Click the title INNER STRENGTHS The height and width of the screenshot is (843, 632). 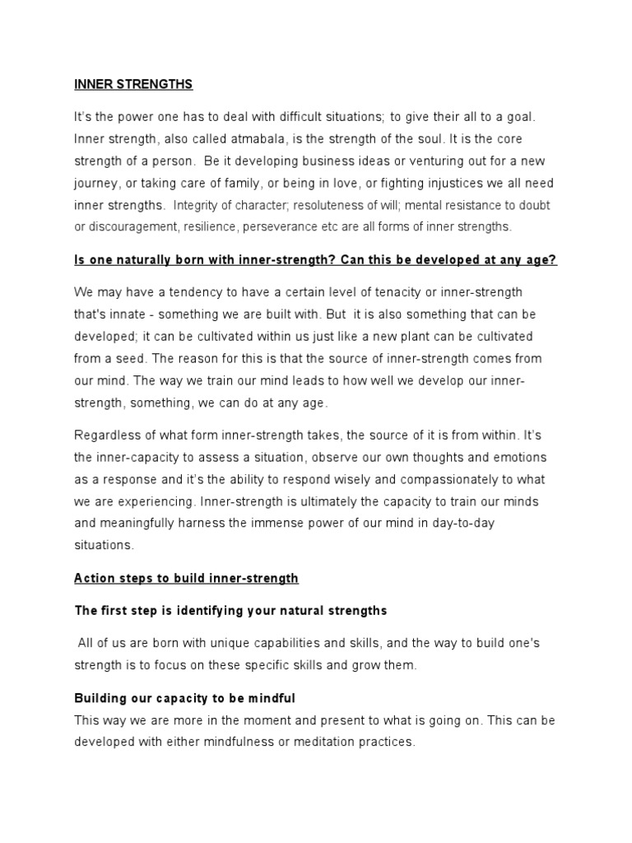pos(133,84)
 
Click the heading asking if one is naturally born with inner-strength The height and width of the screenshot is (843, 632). pos(316,260)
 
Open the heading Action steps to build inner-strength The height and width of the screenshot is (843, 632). pos(186,579)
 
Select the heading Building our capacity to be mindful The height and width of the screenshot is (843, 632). pos(184,698)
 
